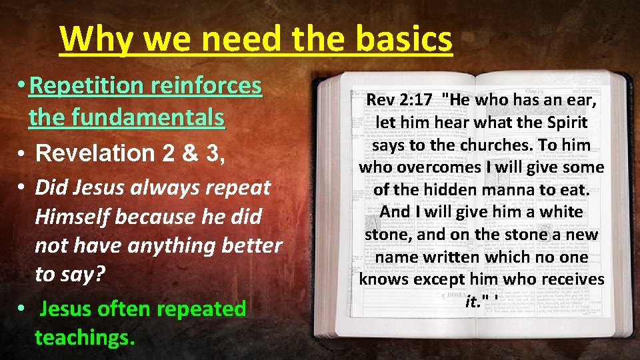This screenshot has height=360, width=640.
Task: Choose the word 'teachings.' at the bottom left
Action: pyautogui.click(x=85, y=337)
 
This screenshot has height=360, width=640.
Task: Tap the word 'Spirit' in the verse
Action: pyautogui.click(x=565, y=123)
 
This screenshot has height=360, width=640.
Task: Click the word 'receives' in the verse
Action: pyautogui.click(x=571, y=279)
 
